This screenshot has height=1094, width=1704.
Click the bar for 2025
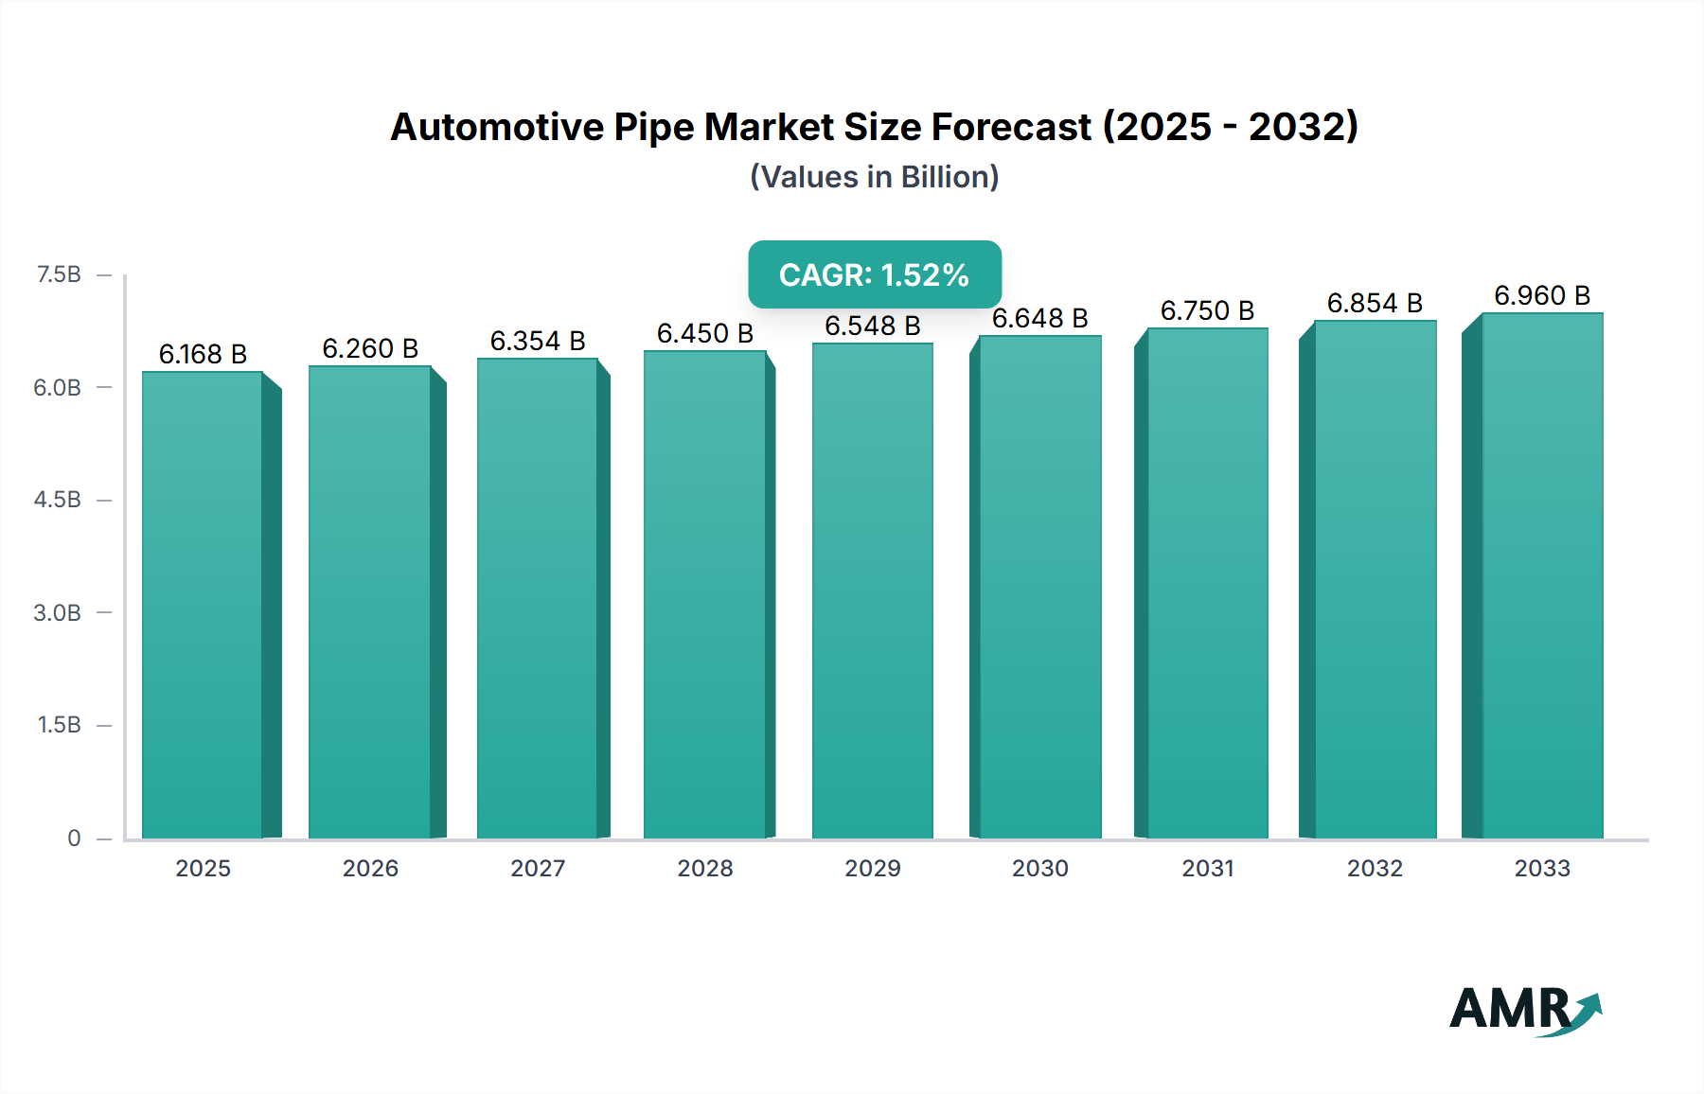(x=203, y=606)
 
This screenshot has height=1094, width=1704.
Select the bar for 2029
(x=872, y=591)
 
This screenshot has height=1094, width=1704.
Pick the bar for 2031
(x=1207, y=583)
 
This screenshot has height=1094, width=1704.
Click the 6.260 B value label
(x=370, y=348)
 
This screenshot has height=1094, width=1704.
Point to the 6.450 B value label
(x=705, y=333)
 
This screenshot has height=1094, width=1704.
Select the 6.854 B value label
(x=1375, y=303)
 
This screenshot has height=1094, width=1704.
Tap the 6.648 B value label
(x=1039, y=318)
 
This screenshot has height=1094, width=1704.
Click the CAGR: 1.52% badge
(x=875, y=274)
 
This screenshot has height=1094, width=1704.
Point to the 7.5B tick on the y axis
(x=59, y=274)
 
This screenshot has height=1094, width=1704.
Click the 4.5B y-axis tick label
(x=58, y=500)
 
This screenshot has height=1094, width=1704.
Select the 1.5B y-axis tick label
(x=59, y=725)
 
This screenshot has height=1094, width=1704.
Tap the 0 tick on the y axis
(x=74, y=838)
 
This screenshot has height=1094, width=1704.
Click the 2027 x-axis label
(x=538, y=868)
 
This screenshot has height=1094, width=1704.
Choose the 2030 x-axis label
(x=1039, y=868)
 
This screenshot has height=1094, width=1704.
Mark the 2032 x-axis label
(x=1375, y=868)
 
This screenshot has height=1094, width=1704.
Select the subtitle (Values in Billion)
(x=875, y=177)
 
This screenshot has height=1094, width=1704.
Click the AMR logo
(x=1524, y=1010)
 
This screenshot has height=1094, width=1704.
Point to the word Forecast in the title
(x=1011, y=127)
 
